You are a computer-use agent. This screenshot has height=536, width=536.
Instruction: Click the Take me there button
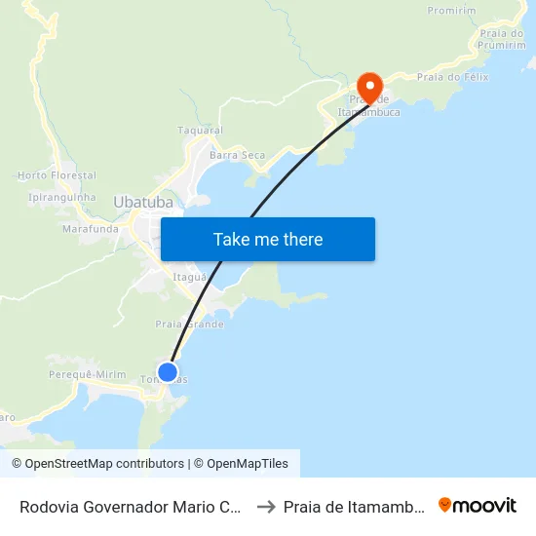coord(268,240)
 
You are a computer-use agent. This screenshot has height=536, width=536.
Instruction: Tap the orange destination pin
coord(369,84)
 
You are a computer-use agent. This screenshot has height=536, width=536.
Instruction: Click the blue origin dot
coord(168,371)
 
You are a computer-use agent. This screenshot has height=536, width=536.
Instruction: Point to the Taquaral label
coord(200,131)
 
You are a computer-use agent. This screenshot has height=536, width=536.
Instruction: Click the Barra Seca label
coord(237,155)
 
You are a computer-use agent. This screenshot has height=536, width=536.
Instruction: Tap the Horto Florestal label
coord(57,175)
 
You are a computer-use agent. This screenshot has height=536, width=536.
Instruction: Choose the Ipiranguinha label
coord(62,197)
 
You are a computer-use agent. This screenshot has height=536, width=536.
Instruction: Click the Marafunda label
coord(90,229)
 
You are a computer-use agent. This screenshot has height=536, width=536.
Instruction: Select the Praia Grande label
coord(189,324)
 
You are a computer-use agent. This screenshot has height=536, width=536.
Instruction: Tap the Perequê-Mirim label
coord(88,374)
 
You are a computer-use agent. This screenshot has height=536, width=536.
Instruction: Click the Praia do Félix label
coord(452,76)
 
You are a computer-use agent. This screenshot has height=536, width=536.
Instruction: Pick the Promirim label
coord(450,11)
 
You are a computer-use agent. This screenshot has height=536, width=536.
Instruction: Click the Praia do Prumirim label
coord(503,40)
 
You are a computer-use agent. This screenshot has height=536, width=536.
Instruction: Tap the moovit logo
coord(478,506)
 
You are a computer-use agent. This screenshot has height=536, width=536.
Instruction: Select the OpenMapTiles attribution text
coord(241,464)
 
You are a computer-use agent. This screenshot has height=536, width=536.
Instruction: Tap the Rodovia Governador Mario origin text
coord(131,507)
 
